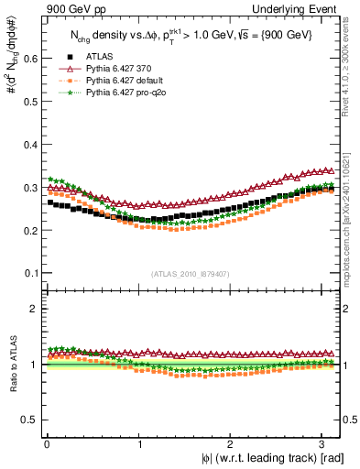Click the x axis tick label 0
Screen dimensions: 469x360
tap(45, 443)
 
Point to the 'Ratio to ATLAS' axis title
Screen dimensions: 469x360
tap(12, 366)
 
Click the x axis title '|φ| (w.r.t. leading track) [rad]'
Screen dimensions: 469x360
tap(267, 457)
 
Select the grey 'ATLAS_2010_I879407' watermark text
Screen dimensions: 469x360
tap(191, 274)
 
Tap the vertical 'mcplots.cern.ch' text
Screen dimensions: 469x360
tap(351, 220)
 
